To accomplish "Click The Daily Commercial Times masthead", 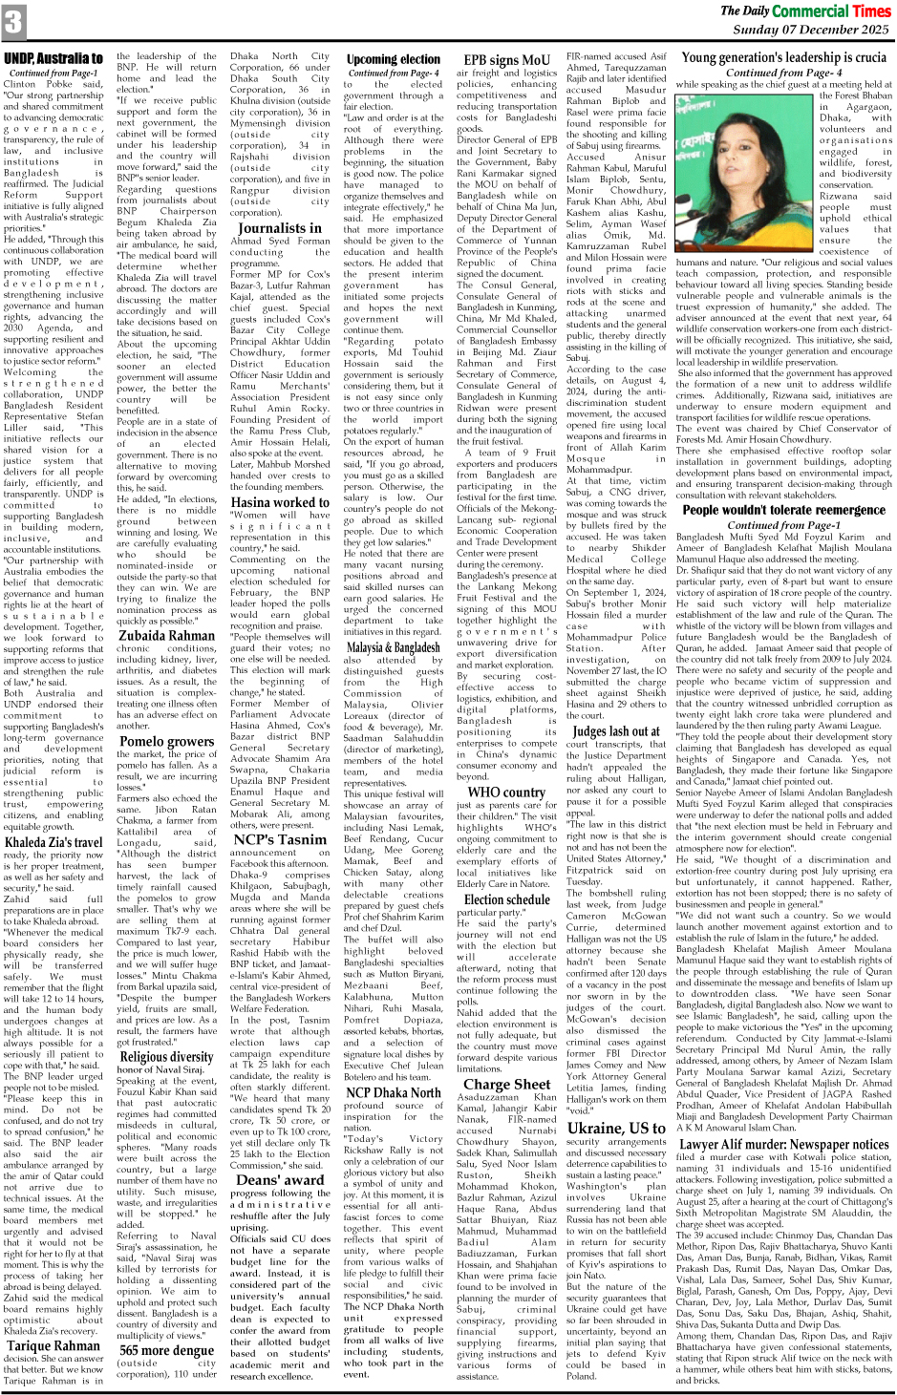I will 805,11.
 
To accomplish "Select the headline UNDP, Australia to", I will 53,59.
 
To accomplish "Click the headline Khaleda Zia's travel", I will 53,842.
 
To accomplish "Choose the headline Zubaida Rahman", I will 166,635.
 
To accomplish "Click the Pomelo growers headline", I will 166,741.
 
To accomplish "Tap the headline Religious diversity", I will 166,1057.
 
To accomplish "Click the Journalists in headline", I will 280,228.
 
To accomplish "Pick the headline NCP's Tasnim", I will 280,839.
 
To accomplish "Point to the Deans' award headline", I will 280,1179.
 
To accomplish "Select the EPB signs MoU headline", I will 505,59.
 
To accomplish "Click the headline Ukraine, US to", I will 616,1128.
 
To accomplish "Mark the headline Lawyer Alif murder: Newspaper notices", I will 784,1144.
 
